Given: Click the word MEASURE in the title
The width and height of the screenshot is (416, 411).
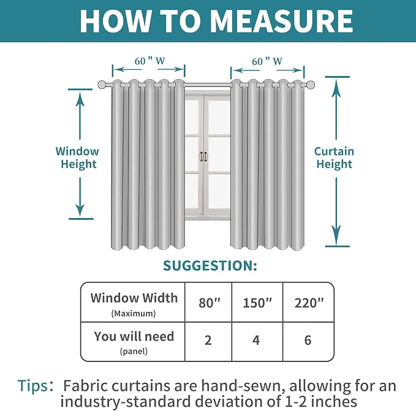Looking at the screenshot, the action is tap(281, 21).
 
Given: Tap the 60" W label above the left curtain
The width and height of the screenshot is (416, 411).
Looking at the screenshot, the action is tap(149, 61).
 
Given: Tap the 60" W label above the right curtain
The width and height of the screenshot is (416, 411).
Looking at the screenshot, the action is tap(267, 61).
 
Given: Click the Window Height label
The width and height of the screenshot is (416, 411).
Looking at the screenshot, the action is tap(77, 157).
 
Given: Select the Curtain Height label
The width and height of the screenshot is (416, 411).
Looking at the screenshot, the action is tap(334, 157).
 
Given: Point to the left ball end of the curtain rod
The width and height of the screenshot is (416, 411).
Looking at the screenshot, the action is tap(102, 85).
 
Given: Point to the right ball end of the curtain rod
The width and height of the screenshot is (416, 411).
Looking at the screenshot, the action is tap(310, 85).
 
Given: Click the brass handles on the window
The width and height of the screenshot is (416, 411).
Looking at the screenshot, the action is tap(203, 156).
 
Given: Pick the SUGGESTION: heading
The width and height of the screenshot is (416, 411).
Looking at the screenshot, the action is tap(210, 266).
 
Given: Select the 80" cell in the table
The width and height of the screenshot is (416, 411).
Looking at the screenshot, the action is tap(208, 303).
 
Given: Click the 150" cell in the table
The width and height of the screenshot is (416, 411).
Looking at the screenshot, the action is tap(257, 303).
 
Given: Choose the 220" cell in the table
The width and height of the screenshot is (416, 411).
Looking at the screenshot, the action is tap(308, 303).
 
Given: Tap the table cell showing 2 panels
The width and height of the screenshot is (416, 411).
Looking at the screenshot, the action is tap(208, 342).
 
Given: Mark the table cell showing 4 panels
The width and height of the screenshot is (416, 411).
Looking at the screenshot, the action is tap(257, 342).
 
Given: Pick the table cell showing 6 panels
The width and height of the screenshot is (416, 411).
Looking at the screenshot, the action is tap(308, 342).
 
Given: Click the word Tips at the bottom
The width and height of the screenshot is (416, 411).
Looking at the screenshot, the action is tap(34, 386).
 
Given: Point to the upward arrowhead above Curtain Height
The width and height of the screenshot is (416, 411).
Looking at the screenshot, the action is tap(336, 85).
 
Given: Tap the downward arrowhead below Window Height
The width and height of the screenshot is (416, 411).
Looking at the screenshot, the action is tap(80, 210).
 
